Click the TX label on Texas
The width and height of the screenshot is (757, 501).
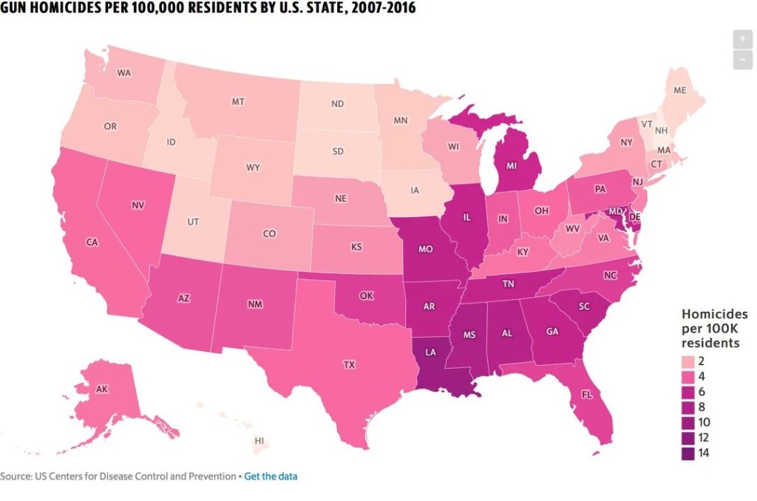[x=349, y=364]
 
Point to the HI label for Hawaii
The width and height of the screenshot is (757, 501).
[x=259, y=440]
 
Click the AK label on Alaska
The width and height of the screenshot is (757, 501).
[x=102, y=389]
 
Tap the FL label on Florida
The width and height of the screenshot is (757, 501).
[x=586, y=395]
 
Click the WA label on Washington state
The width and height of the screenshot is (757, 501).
[x=124, y=73]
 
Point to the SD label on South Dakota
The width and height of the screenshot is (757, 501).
[x=338, y=151]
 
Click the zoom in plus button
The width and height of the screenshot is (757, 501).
[x=742, y=39]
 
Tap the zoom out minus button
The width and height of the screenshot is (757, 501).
[x=742, y=58]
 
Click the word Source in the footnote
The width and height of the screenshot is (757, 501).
[x=16, y=476]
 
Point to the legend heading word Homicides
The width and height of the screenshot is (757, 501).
[x=714, y=314]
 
